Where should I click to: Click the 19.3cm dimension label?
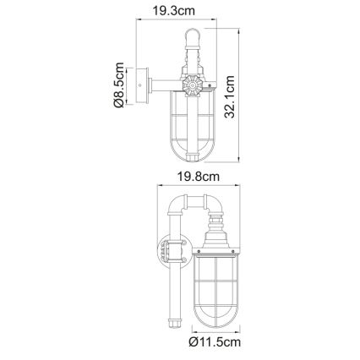173,11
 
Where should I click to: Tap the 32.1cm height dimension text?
230,96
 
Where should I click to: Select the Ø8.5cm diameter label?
118,85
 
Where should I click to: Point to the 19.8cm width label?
198,177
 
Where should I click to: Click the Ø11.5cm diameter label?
215,342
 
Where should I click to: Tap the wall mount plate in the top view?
142,85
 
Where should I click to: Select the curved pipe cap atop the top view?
193,35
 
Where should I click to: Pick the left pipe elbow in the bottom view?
176,205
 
